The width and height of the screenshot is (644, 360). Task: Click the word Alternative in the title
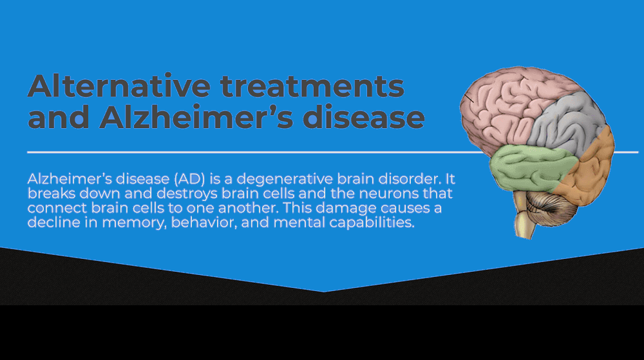point(119,86)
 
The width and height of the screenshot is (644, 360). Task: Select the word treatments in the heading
point(312,86)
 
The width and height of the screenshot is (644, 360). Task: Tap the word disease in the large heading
point(363,117)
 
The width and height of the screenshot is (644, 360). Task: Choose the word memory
point(135,223)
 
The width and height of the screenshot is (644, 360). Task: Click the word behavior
point(204,222)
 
